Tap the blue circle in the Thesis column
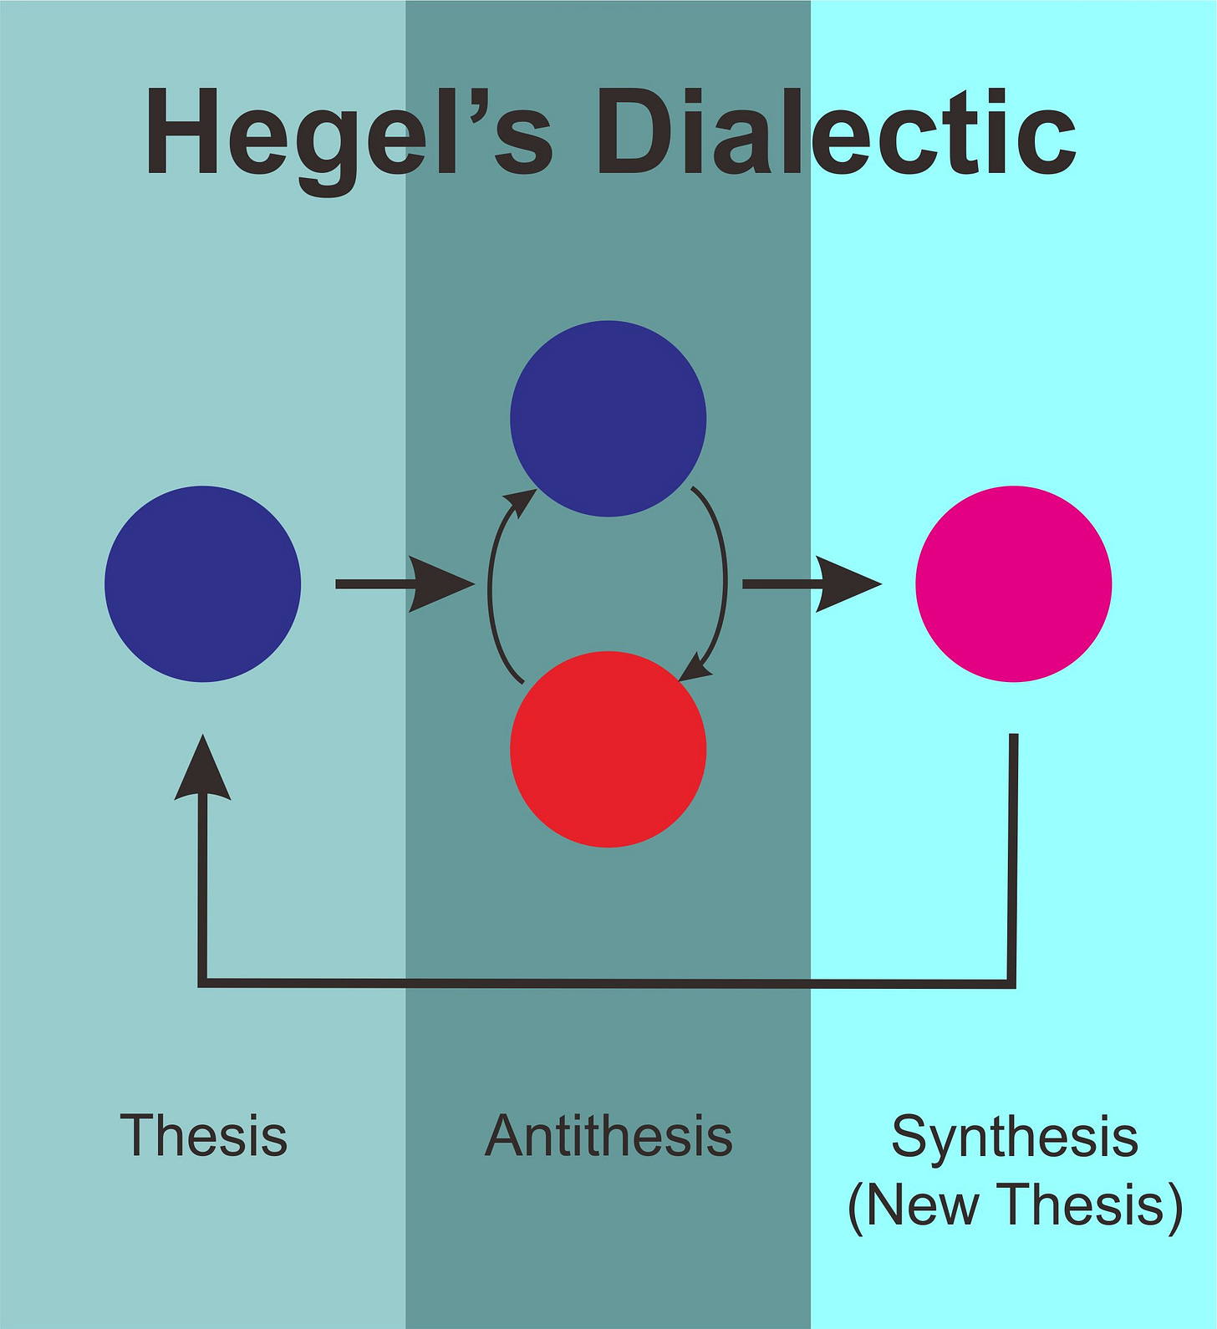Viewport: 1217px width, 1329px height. click(x=202, y=583)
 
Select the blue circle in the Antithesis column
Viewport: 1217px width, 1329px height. click(x=608, y=418)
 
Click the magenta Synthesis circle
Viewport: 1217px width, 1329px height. click(x=1013, y=583)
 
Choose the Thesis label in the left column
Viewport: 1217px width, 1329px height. click(x=203, y=1136)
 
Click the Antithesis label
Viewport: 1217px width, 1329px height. click(x=608, y=1136)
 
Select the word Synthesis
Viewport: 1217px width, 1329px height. click(x=1014, y=1138)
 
